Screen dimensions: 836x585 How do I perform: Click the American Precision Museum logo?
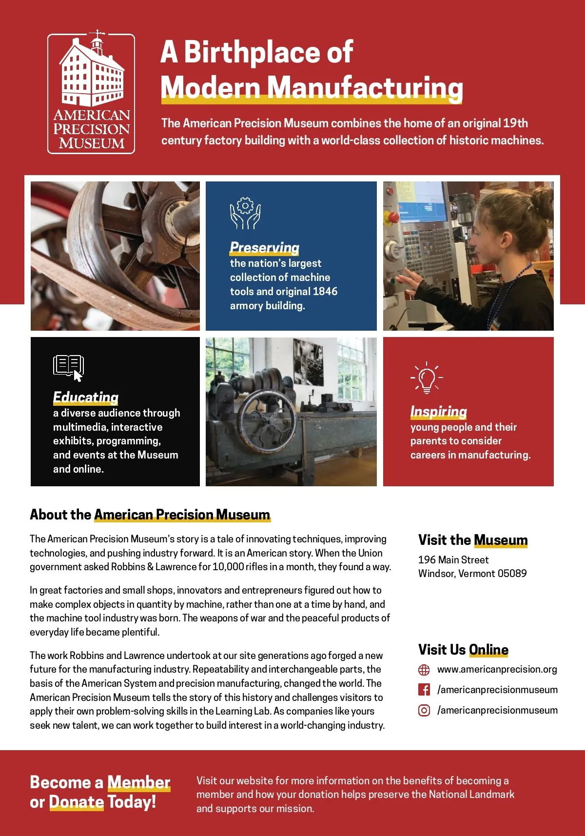point(91,94)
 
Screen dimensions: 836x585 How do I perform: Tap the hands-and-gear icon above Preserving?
point(245,214)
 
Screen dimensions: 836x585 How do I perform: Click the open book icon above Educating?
point(68,367)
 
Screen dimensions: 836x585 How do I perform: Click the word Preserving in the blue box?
point(265,247)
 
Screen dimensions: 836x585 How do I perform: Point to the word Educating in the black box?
point(86,397)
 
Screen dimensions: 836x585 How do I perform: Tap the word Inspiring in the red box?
point(438,411)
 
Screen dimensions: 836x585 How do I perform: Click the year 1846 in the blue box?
point(325,291)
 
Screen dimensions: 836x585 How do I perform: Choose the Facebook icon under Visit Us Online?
point(424,690)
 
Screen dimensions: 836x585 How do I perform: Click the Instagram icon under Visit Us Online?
point(424,710)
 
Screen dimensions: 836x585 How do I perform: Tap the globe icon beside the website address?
point(424,670)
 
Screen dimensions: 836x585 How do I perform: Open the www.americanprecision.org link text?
point(497,669)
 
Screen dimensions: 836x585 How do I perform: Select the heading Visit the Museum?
point(473,540)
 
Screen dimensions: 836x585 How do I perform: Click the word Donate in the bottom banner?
point(77,802)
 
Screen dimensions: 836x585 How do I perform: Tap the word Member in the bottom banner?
point(138,782)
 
